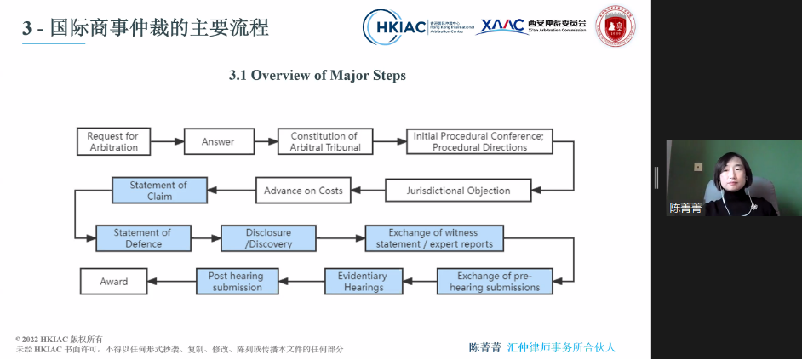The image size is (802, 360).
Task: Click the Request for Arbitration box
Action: click(113, 141)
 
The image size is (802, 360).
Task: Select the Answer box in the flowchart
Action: click(217, 141)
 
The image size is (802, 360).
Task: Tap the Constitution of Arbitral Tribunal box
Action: click(325, 141)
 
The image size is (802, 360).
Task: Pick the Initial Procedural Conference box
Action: click(479, 141)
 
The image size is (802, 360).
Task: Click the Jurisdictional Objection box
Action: click(458, 190)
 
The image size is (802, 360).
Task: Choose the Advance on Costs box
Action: click(302, 190)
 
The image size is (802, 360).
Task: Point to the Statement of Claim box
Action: click(159, 190)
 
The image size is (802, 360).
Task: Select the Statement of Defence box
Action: click(142, 238)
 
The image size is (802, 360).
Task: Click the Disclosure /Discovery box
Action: click(268, 238)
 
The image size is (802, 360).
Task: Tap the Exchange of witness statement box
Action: click(433, 238)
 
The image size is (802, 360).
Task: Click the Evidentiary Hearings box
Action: click(362, 282)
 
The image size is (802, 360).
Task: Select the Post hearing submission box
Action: click(237, 282)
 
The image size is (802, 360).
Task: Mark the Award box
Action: click(114, 282)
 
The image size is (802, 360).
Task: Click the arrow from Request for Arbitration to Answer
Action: click(167, 141)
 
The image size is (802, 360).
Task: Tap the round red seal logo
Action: click(616, 26)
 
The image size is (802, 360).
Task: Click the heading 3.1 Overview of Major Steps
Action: click(318, 76)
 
